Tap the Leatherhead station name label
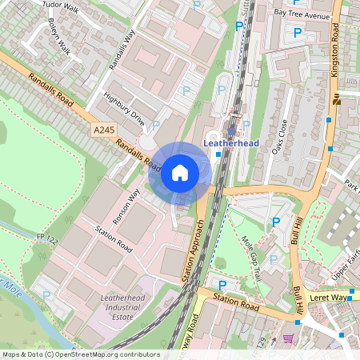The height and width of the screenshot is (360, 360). click(x=232, y=143)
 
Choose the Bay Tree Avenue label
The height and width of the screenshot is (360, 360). click(x=302, y=14)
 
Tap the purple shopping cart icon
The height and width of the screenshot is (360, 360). click(x=287, y=338)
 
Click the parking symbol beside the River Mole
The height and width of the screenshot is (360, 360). click(x=46, y=295)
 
